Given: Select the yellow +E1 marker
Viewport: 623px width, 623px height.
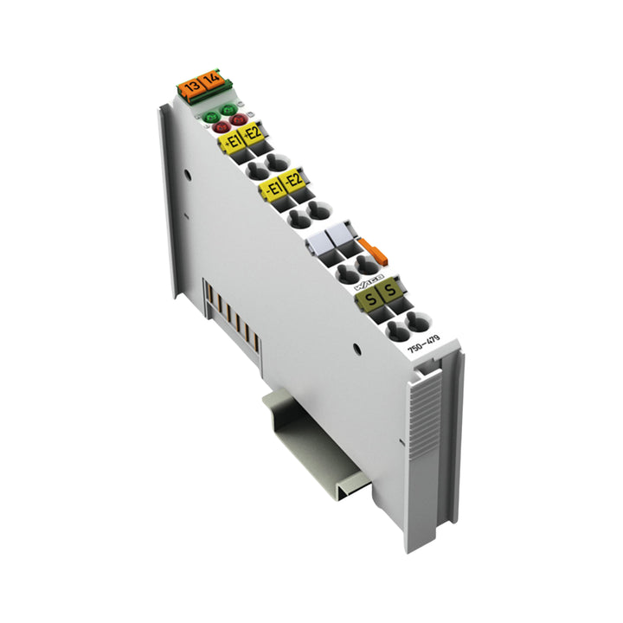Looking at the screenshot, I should pos(231,140).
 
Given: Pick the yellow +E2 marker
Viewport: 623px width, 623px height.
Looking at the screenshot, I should pos(252,134).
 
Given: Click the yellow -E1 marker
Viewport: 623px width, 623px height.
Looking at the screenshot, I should pos(273,186).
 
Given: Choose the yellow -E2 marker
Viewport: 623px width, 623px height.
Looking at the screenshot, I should pos(294,181).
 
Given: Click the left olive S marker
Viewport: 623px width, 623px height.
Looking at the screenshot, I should pos(369,299).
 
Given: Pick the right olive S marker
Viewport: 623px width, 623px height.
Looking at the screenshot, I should pos(391,292).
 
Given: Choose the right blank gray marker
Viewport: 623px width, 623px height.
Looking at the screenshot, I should pos(338,235).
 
